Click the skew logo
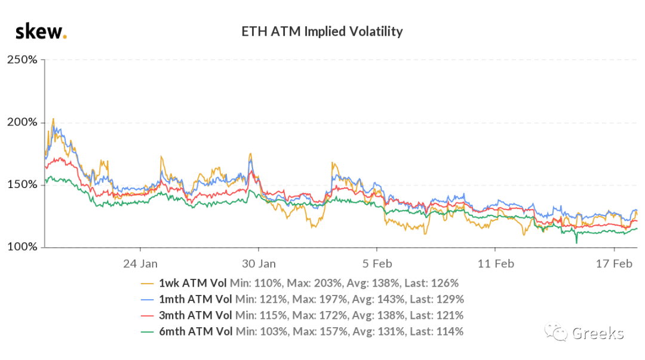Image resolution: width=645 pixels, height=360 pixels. tap(41, 32)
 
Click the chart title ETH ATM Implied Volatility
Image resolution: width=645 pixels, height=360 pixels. tap(322, 31)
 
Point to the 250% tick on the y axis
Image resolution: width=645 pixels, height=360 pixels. tap(22, 60)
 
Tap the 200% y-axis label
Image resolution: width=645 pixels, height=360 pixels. tap(22, 122)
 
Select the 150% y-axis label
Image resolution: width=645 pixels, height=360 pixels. tap(22, 184)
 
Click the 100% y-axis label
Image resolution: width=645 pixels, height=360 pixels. tap(22, 247)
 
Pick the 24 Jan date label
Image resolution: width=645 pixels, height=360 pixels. tap(140, 263)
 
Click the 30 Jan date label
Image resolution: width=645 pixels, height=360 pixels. tap(259, 263)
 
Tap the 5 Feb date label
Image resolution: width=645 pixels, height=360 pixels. tap(377, 263)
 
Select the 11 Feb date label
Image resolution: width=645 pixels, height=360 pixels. tap(496, 263)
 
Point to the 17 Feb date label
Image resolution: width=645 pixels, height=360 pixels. tap(614, 263)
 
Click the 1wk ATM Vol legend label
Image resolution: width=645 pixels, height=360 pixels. tap(192, 283)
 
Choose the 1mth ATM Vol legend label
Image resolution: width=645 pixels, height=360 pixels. tap(195, 299)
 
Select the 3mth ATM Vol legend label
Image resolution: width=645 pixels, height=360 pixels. tap(195, 315)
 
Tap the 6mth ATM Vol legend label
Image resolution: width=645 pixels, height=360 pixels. tap(196, 331)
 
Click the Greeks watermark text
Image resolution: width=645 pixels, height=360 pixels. tap(598, 333)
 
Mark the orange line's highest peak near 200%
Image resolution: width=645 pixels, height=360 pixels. tap(53, 119)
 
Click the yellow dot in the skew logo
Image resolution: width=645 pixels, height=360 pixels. tap(64, 38)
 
